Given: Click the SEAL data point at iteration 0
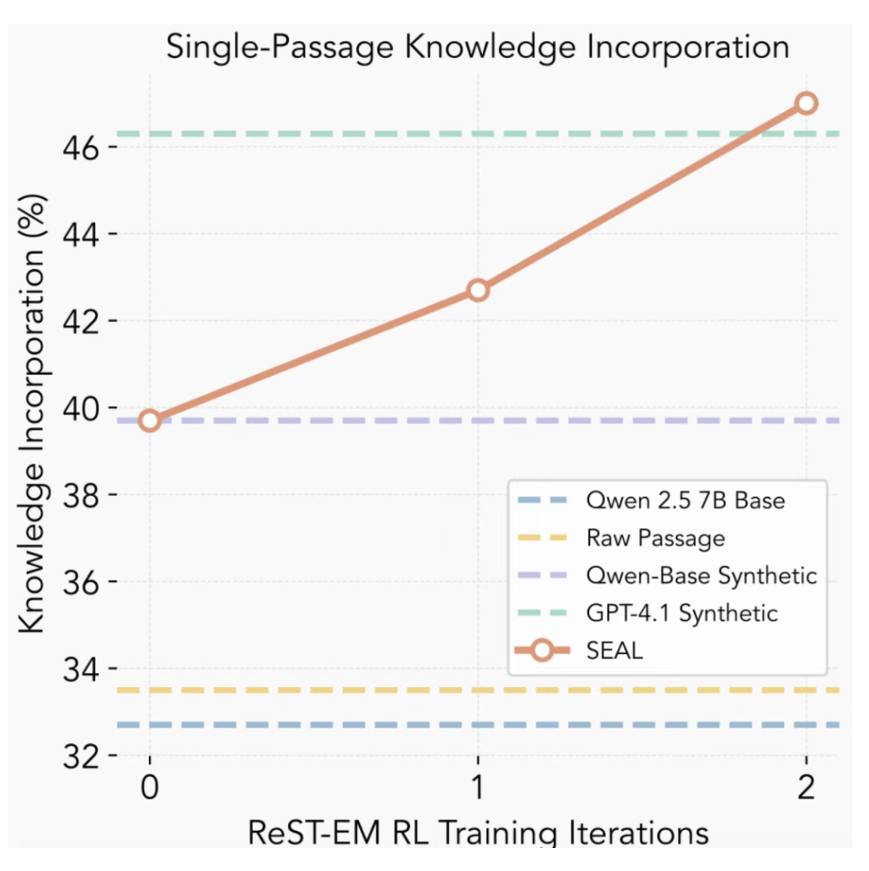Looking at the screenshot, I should [149, 421].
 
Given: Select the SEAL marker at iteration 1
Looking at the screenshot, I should [478, 290].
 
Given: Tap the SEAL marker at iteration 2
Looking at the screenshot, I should [806, 103].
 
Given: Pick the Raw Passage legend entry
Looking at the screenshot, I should [655, 538].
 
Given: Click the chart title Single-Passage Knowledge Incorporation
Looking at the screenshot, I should [478, 47].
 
